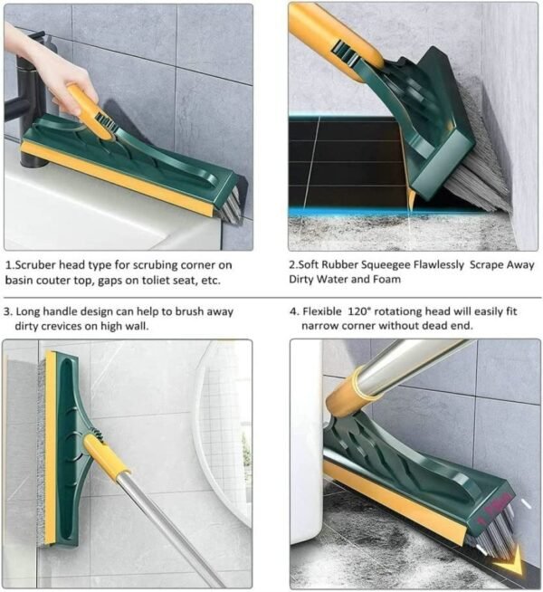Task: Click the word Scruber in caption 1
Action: tap(40, 265)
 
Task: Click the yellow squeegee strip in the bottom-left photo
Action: tap(50, 453)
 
